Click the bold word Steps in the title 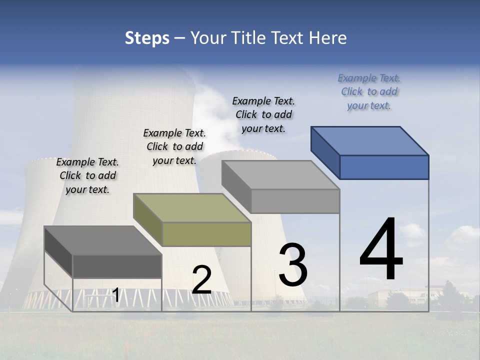click(x=147, y=38)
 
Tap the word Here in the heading click(x=328, y=38)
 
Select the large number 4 click(x=381, y=250)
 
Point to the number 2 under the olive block click(x=201, y=280)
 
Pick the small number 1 click(x=115, y=295)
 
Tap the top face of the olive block click(x=192, y=208)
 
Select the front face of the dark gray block click(x=117, y=266)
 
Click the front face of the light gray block click(x=295, y=201)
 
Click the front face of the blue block click(x=384, y=167)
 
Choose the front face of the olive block click(x=206, y=234)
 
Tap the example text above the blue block click(x=369, y=91)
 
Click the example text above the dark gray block click(x=87, y=175)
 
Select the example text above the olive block click(x=174, y=146)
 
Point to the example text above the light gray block click(x=263, y=114)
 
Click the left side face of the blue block click(x=325, y=151)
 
